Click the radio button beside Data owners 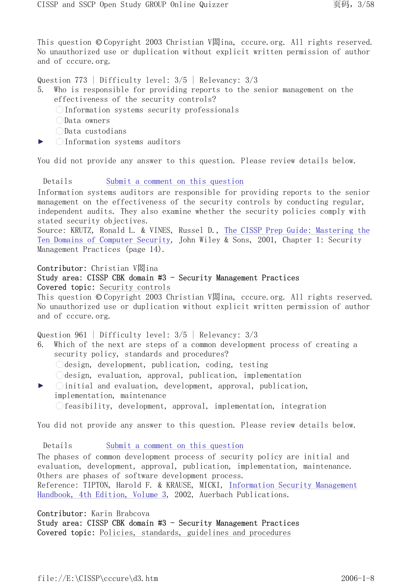click(x=59, y=120)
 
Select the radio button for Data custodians click(x=59, y=131)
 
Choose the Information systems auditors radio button click(x=59, y=142)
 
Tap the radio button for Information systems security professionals click(x=59, y=110)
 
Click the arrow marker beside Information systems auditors click(x=41, y=142)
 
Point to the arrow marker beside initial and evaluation click(x=41, y=386)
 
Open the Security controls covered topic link click(x=135, y=287)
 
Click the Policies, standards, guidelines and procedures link click(x=195, y=533)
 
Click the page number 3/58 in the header click(x=366, y=5)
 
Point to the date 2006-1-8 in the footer click(x=357, y=578)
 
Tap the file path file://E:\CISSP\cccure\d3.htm click(x=98, y=578)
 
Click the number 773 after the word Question click(x=81, y=80)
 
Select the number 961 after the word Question click(x=81, y=335)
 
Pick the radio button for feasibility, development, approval click(x=59, y=406)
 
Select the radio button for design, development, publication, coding click(x=59, y=365)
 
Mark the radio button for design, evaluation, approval click(x=59, y=375)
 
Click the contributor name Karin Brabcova click(x=120, y=514)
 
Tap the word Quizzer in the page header click(x=214, y=5)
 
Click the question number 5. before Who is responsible click(x=41, y=90)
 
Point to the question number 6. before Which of click(x=41, y=345)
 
